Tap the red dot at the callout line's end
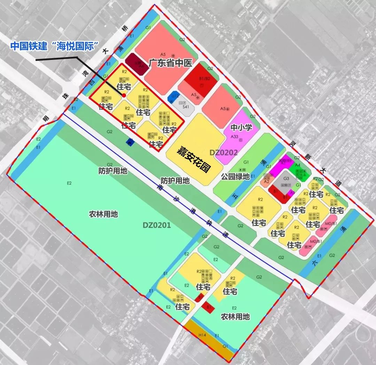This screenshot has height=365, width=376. coord(124,95)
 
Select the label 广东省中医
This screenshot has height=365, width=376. coord(170,63)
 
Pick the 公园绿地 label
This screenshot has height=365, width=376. coord(235,176)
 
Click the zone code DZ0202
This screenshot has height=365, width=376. coord(224,152)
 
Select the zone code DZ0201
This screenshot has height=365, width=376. coord(157,225)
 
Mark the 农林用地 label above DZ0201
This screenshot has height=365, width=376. coord(103,214)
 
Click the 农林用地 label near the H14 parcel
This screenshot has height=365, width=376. coord(235,317)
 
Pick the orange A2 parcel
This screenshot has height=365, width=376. coord(267,181)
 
